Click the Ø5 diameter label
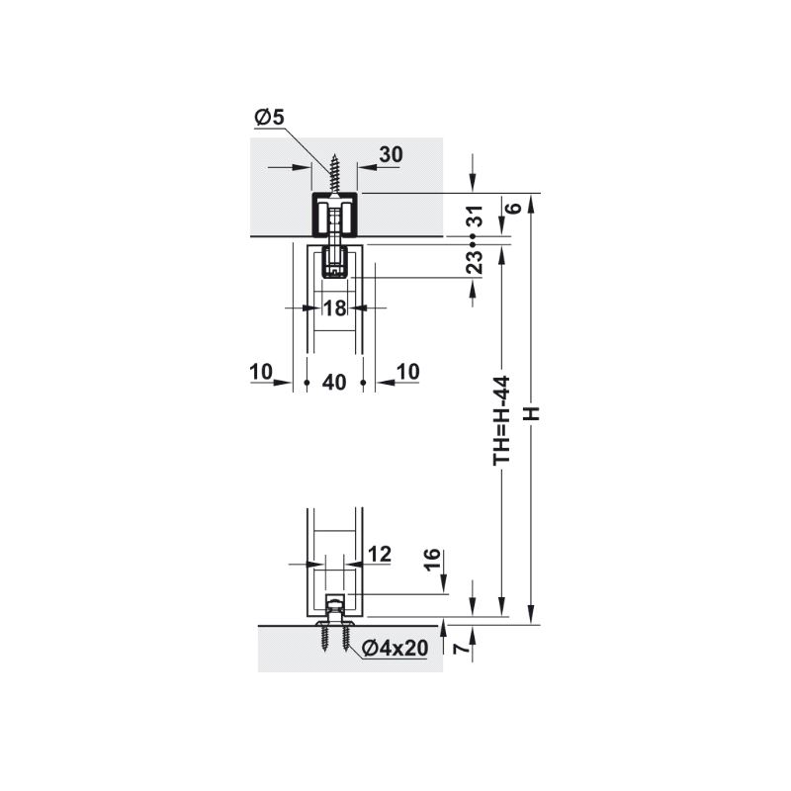click(x=269, y=117)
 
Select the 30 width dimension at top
click(x=391, y=154)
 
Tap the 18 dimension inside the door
click(x=334, y=308)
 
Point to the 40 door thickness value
click(x=334, y=382)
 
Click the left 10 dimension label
click(x=261, y=372)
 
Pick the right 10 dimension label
click(x=407, y=372)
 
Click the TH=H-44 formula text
click(x=502, y=420)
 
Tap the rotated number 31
click(x=476, y=216)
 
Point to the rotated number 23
click(x=476, y=262)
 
